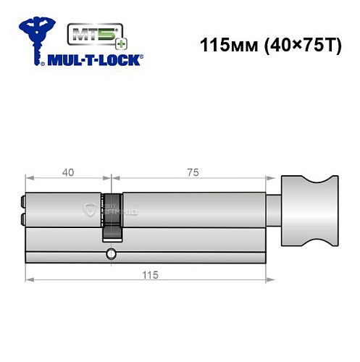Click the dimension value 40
coord(67,172)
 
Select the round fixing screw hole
coord(110,254)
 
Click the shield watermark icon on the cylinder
coord(90,209)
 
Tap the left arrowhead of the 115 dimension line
coord(28,281)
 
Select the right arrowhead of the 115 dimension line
coord(271,281)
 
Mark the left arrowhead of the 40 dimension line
coord(28,179)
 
